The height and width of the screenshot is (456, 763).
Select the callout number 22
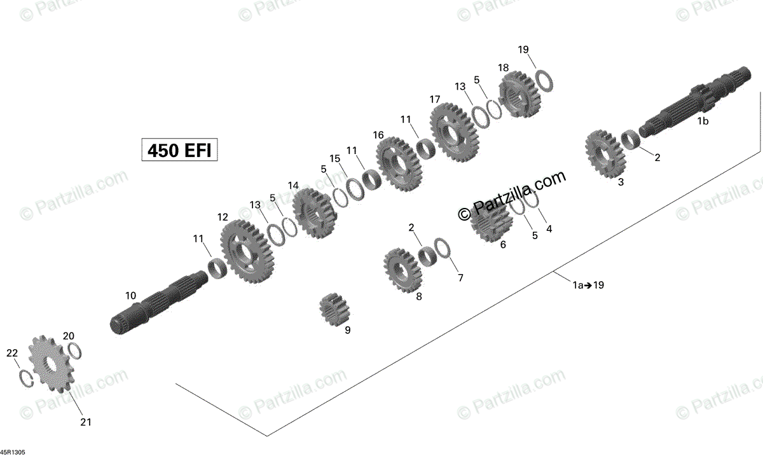click(x=13, y=354)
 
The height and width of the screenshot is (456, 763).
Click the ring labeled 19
click(x=544, y=79)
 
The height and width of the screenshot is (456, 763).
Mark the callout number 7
click(x=460, y=277)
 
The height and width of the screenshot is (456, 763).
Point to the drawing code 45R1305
click(x=13, y=450)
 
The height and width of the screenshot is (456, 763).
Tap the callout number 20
click(x=69, y=336)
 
